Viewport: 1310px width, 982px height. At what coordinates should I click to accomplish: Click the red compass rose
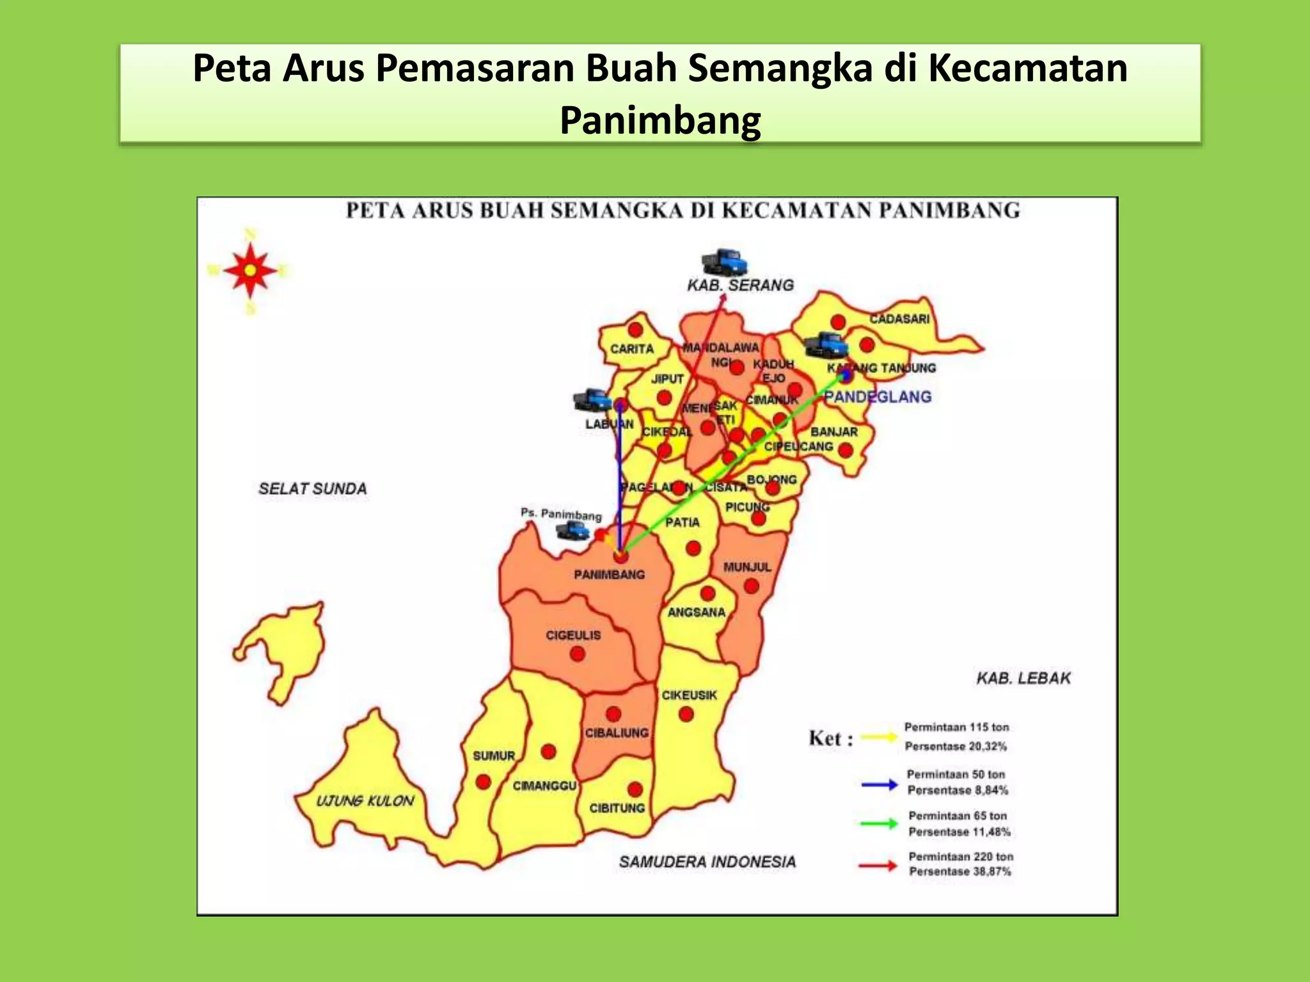coord(250,270)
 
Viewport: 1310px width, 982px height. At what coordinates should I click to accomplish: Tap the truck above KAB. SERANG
coord(724,262)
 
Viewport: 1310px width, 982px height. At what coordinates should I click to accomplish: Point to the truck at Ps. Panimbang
coord(572,529)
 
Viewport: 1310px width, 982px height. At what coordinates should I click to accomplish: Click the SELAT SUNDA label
coord(312,489)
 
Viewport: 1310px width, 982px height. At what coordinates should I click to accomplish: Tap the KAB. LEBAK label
coord(1023,678)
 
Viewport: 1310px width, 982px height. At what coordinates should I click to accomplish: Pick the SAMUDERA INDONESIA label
coord(707,862)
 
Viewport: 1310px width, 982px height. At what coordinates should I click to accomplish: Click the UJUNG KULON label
coord(365,801)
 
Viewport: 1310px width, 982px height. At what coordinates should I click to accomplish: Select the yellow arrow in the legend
coord(880,737)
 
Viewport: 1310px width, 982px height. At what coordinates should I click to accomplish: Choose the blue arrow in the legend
coord(880,784)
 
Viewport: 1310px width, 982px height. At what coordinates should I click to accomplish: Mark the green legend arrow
coord(880,823)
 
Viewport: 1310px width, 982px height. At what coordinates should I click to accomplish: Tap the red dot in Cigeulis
coord(577,654)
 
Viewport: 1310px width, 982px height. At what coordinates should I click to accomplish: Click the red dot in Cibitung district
coord(635,789)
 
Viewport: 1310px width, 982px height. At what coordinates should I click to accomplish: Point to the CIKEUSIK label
coord(689,695)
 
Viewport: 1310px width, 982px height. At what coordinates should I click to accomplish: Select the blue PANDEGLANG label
coord(877,397)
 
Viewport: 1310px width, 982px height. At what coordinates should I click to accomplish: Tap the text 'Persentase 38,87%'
coord(959,871)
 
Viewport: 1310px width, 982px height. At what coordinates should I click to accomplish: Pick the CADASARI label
coord(899,318)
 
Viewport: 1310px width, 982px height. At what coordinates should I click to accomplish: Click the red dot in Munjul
coord(752,586)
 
